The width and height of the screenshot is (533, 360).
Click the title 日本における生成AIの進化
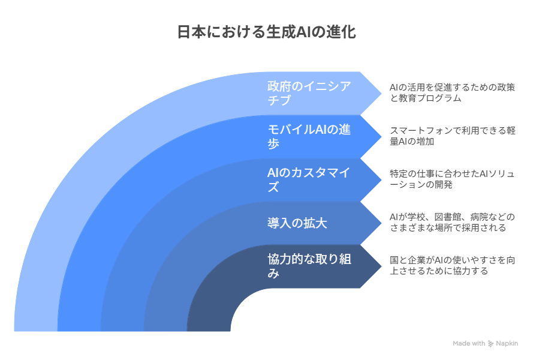click(x=266, y=32)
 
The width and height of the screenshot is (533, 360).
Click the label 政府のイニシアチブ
click(x=309, y=93)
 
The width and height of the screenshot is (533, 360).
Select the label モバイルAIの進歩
click(x=309, y=136)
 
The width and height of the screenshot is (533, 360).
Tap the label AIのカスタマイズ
click(x=308, y=179)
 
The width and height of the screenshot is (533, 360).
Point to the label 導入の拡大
click(x=297, y=223)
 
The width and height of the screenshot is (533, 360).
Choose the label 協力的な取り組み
click(x=309, y=266)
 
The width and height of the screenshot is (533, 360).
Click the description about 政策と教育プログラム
click(x=453, y=93)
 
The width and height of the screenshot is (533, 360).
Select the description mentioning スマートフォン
click(x=453, y=136)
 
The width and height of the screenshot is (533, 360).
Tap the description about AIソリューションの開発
click(x=453, y=179)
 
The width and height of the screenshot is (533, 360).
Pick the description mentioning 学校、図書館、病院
click(x=453, y=223)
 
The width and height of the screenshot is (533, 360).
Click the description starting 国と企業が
click(x=453, y=266)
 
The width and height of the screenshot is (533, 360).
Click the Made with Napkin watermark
click(x=486, y=344)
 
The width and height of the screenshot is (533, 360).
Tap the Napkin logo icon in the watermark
click(x=490, y=344)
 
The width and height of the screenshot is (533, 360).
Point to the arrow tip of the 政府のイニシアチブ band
click(x=381, y=93)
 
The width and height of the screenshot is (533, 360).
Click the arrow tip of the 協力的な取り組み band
click(x=381, y=266)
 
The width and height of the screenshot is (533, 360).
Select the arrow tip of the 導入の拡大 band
click(x=381, y=223)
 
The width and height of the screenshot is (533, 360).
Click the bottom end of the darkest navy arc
click(x=209, y=331)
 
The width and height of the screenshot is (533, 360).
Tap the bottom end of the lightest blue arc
click(x=36, y=331)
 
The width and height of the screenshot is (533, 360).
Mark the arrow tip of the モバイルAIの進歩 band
click(x=381, y=136)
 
